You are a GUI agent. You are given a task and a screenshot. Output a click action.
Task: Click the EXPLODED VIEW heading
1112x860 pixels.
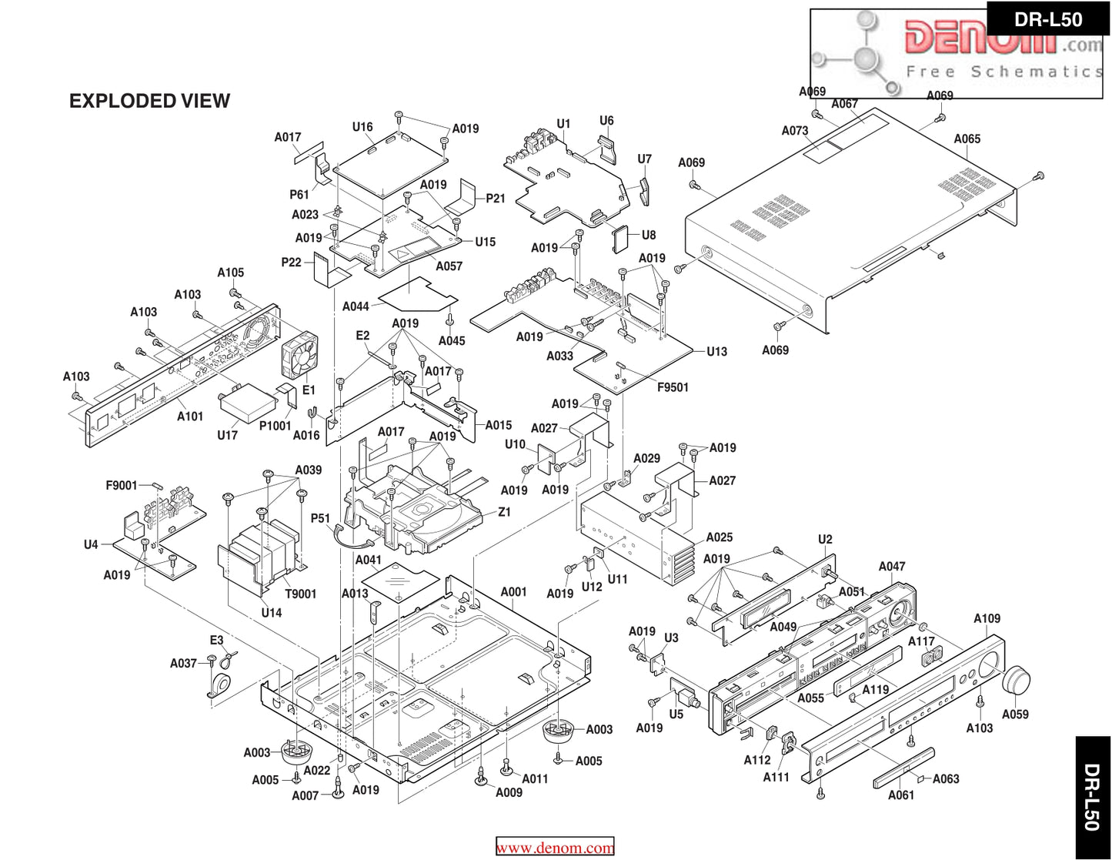(x=149, y=101)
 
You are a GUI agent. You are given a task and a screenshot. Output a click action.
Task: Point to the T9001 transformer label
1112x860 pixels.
(x=301, y=594)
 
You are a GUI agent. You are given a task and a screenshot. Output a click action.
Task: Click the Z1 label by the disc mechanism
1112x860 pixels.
(x=504, y=512)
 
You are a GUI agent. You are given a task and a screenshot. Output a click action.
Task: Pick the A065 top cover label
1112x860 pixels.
(x=967, y=139)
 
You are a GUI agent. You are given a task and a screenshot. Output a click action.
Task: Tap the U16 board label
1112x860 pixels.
(x=362, y=127)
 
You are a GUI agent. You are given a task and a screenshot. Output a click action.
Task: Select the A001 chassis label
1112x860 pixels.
(x=513, y=592)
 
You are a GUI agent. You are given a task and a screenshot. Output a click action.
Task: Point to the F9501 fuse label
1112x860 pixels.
(x=673, y=387)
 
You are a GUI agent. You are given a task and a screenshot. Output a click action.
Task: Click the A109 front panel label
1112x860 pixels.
(x=987, y=618)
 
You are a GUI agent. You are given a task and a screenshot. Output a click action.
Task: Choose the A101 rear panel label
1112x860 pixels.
(x=190, y=417)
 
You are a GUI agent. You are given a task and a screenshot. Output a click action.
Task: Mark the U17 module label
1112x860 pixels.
(x=227, y=435)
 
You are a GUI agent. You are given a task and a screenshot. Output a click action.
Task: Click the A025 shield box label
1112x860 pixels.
(x=720, y=537)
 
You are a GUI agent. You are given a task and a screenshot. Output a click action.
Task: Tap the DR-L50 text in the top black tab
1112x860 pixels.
(x=1048, y=19)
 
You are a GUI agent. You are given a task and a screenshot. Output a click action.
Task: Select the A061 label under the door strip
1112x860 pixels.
(x=901, y=795)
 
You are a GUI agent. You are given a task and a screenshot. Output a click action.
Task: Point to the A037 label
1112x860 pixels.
(x=183, y=663)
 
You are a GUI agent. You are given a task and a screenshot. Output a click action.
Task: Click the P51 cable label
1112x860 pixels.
(x=320, y=518)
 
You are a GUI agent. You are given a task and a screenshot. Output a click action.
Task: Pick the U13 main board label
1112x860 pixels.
(x=716, y=352)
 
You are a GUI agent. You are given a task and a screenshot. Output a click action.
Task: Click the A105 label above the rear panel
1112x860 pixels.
(x=230, y=273)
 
